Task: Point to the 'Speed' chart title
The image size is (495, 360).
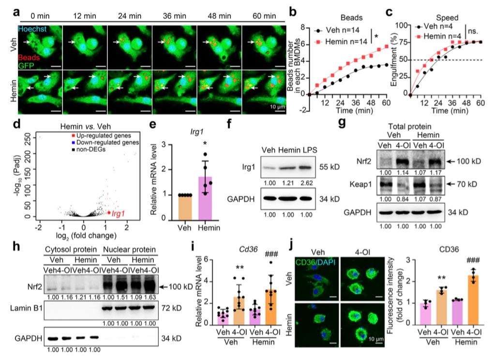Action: point(439,10)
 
